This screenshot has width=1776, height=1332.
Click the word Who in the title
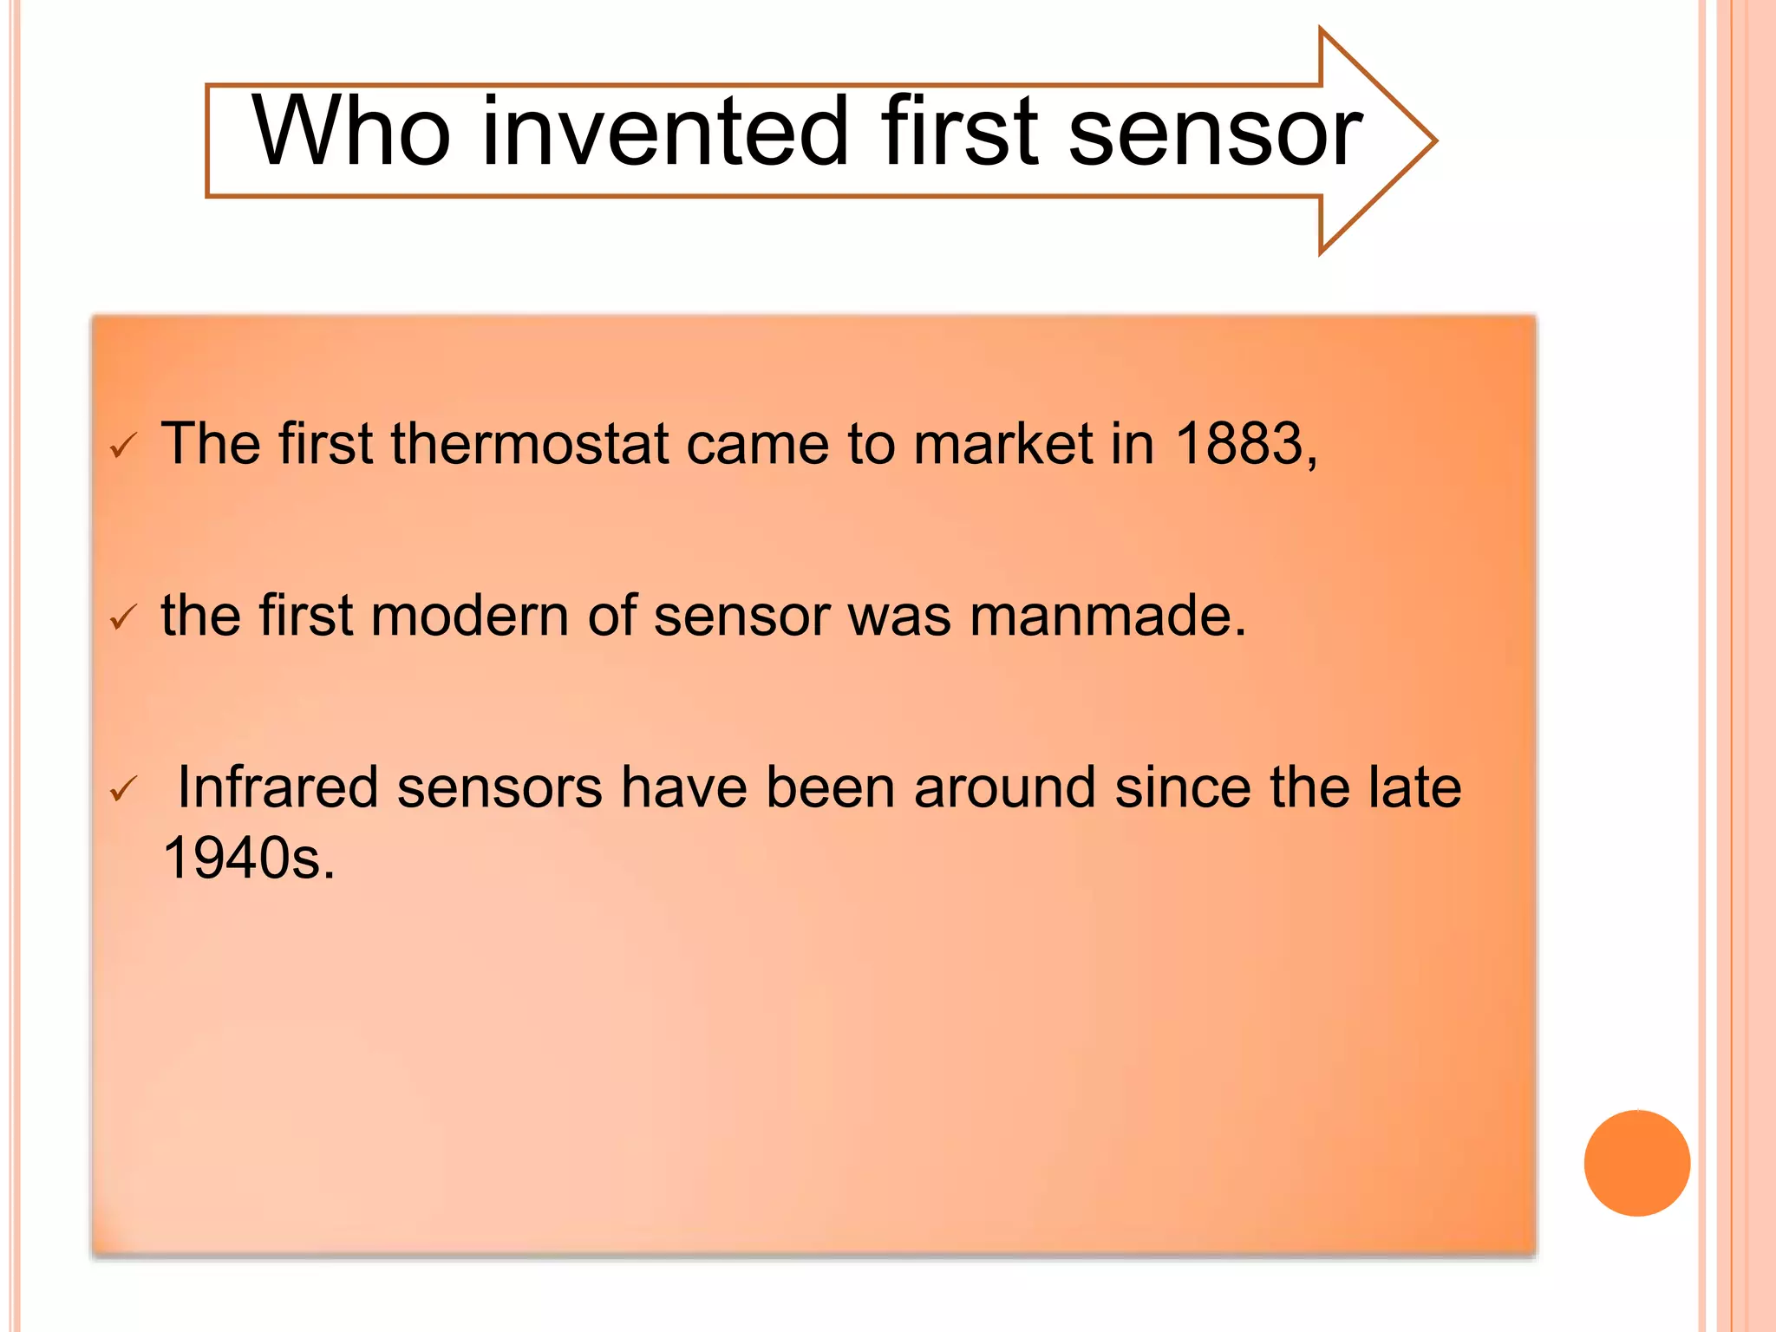point(351,132)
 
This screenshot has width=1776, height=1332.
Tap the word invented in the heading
point(664,132)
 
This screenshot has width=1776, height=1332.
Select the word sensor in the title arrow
point(1215,132)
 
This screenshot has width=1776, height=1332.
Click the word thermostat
point(530,444)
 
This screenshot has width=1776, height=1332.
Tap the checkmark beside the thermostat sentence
point(123,447)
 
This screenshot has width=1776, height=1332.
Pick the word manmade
point(1107,616)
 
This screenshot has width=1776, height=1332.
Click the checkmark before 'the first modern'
point(123,617)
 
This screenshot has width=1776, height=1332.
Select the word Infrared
point(277,787)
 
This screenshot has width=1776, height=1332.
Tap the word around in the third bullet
point(1004,787)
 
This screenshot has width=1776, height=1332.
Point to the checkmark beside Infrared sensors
point(123,789)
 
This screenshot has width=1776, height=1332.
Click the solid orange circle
point(1636,1163)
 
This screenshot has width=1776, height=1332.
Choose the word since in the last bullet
point(1183,787)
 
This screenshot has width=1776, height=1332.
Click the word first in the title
point(959,132)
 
